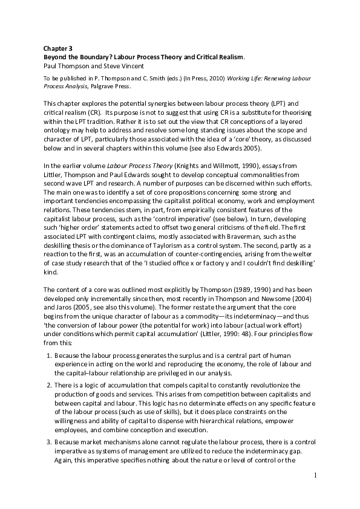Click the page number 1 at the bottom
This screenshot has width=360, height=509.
click(315, 476)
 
